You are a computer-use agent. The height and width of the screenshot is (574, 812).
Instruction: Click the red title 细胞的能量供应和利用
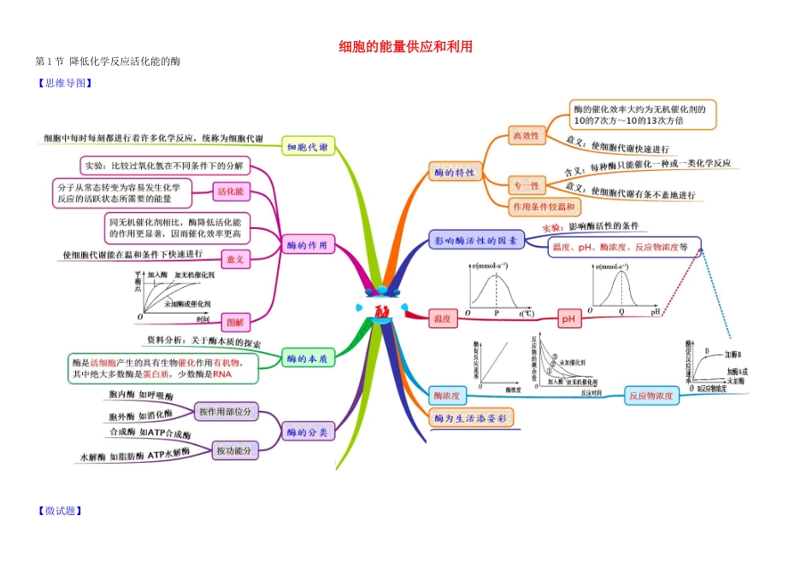405,47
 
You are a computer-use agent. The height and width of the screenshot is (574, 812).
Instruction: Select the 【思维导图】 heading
64,83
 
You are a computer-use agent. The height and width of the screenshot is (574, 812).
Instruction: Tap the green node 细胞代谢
307,147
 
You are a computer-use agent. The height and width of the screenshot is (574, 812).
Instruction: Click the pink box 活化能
230,190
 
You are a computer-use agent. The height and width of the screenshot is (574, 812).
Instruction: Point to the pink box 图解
233,322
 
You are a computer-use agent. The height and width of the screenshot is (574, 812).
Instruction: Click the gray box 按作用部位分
226,412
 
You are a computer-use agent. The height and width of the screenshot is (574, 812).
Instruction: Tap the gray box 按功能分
235,450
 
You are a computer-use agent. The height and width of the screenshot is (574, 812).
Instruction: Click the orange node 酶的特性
454,173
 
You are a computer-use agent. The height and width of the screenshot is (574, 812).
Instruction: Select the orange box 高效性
526,135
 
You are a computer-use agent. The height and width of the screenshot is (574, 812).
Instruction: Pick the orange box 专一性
526,184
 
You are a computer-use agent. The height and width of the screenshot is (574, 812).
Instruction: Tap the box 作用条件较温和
544,207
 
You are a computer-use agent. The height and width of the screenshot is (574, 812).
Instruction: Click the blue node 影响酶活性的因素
474,241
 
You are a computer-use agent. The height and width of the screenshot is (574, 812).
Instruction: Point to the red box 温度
442,319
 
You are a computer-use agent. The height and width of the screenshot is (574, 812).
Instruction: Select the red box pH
569,319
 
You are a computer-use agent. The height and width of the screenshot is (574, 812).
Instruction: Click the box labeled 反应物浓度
650,395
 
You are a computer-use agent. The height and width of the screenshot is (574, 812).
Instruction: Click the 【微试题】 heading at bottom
59,511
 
